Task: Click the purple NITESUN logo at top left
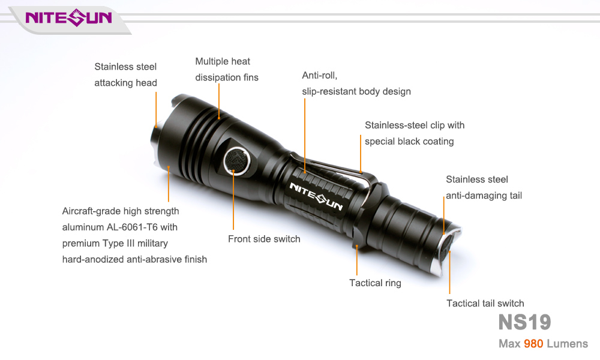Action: click(x=68, y=17)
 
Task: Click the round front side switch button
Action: click(x=237, y=161)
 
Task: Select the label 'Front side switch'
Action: click(x=264, y=239)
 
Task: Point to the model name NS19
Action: click(x=524, y=322)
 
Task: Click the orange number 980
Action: click(x=533, y=344)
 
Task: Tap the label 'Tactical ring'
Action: click(x=375, y=283)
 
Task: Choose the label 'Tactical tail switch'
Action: click(x=485, y=304)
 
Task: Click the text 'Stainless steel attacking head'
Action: click(x=125, y=74)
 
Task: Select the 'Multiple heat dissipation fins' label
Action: click(x=227, y=69)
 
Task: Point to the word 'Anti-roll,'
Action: click(x=320, y=76)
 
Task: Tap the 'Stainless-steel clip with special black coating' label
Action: click(x=415, y=133)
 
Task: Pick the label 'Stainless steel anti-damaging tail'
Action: click(x=484, y=187)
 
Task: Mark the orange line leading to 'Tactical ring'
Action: click(x=356, y=260)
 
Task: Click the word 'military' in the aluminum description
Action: click(x=152, y=244)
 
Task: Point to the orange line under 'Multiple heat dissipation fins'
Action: click(x=219, y=101)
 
